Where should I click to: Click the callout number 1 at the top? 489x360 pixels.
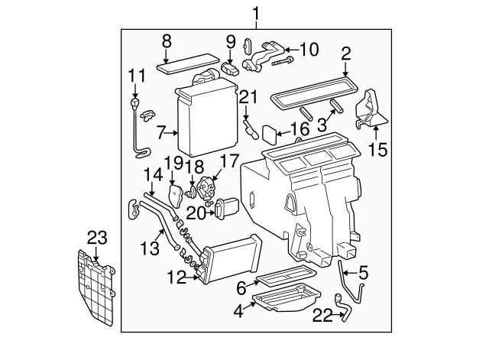pyautogui.click(x=257, y=13)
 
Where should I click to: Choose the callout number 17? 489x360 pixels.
pyautogui.click(x=229, y=161)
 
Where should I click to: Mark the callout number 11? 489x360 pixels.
pyautogui.click(x=136, y=76)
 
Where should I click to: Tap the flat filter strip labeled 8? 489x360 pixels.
pyautogui.click(x=186, y=63)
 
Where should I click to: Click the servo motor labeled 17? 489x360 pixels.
pyautogui.click(x=205, y=187)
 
